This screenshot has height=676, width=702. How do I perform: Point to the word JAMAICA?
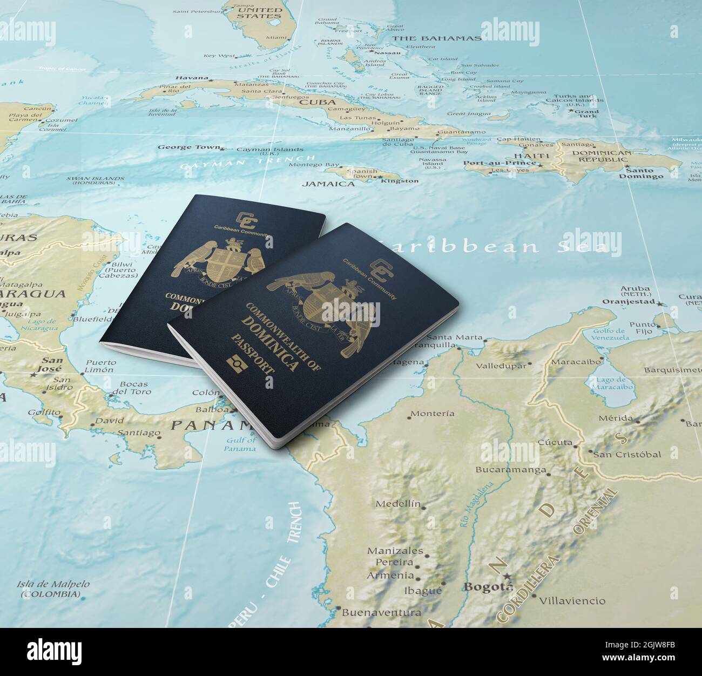point(328,184)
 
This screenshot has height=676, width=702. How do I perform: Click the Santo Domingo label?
point(641,173)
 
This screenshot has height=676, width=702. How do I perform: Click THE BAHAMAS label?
point(436,38)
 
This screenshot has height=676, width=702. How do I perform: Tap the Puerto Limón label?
point(99,366)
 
